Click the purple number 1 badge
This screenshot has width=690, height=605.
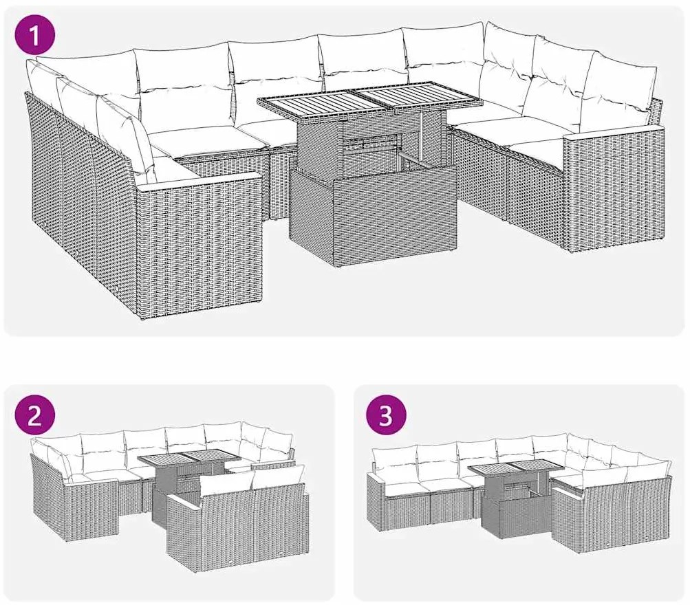(x=37, y=36)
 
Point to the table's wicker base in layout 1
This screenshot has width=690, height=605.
(x=371, y=217)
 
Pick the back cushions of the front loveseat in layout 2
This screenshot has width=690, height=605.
(x=251, y=481)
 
